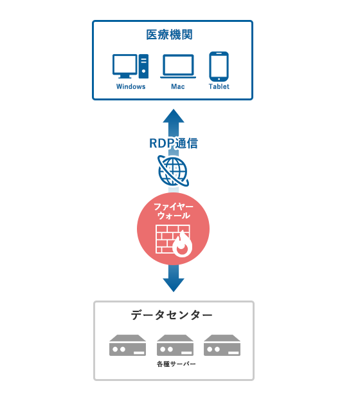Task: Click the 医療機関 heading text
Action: click(169, 35)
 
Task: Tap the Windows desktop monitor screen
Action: click(125, 64)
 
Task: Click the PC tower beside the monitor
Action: click(143, 66)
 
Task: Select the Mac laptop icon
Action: click(178, 66)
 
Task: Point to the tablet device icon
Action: click(219, 66)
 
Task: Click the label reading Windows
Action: click(130, 86)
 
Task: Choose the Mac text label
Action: click(177, 86)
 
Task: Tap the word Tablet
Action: click(219, 86)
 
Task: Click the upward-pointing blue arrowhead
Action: click(174, 116)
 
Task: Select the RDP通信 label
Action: click(174, 144)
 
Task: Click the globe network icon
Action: click(173, 171)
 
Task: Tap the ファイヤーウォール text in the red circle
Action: click(174, 211)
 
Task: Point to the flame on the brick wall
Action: click(183, 245)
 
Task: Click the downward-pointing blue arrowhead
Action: click(174, 285)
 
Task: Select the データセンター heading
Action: click(172, 315)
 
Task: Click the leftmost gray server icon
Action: click(127, 345)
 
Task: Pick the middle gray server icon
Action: click(175, 345)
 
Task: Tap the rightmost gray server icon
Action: click(222, 345)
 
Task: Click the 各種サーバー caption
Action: click(176, 364)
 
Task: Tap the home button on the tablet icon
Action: click(219, 79)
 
